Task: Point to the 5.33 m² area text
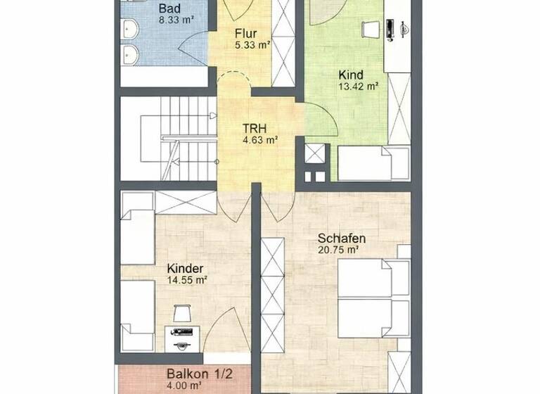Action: (x=252, y=45)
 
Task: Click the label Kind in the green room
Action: (x=352, y=75)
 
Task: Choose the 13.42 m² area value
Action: (x=359, y=87)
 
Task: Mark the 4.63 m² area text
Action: (x=260, y=140)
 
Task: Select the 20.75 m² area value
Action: (x=339, y=250)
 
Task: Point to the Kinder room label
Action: (x=186, y=268)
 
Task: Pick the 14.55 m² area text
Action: (x=186, y=280)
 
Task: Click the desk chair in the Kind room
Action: (x=370, y=29)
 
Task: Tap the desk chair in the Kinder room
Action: (x=181, y=313)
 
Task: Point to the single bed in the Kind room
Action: (x=373, y=163)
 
